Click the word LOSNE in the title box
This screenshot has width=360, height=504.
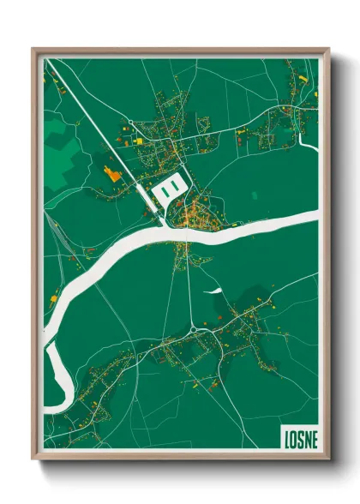(298, 435)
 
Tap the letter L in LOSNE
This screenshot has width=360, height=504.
(285, 435)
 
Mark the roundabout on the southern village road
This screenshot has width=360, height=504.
(196, 327)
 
